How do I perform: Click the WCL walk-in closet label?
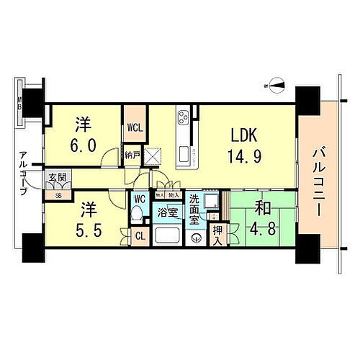click(134, 127)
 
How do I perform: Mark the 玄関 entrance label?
click(56, 177)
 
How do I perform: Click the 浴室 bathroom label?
click(168, 212)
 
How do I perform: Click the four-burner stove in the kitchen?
click(183, 117)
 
